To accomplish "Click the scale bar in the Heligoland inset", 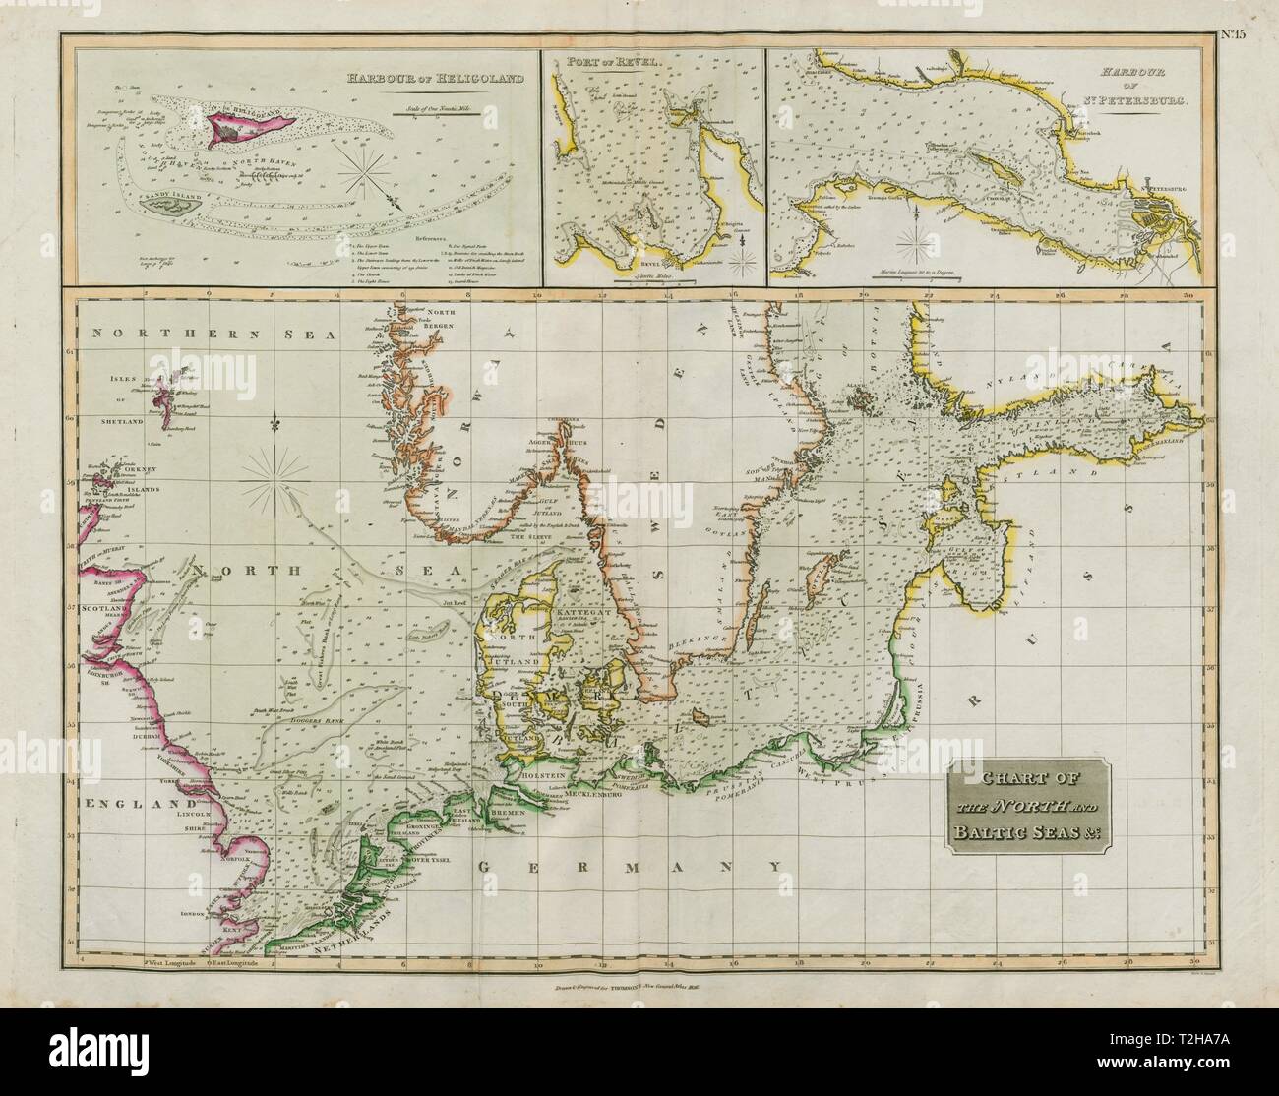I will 437,114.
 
